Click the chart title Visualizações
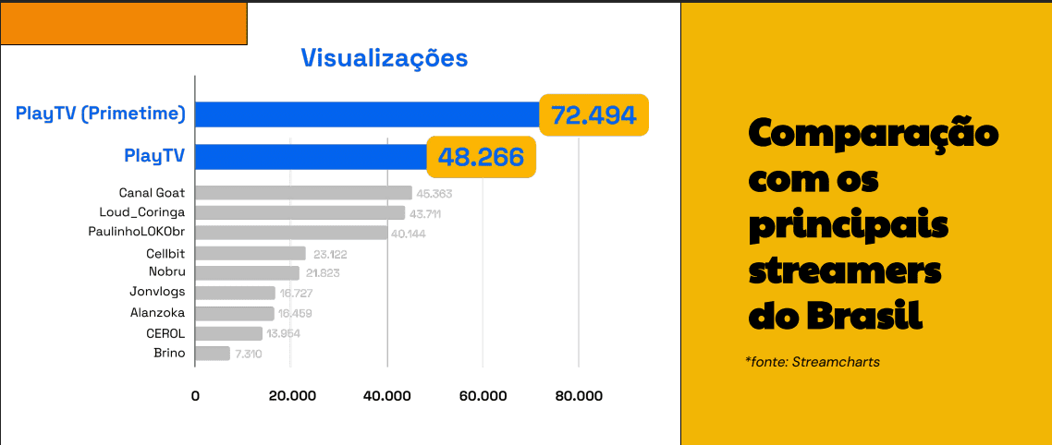click(x=385, y=58)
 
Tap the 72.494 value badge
click(x=593, y=115)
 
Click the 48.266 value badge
click(x=481, y=157)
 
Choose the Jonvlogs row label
click(x=157, y=293)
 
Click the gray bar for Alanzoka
click(x=235, y=313)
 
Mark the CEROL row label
click(x=165, y=333)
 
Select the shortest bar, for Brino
click(x=213, y=354)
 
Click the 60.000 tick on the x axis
click(x=483, y=396)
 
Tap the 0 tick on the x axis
click(x=195, y=396)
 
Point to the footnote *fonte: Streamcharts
click(x=812, y=362)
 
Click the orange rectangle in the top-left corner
click(x=123, y=24)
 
